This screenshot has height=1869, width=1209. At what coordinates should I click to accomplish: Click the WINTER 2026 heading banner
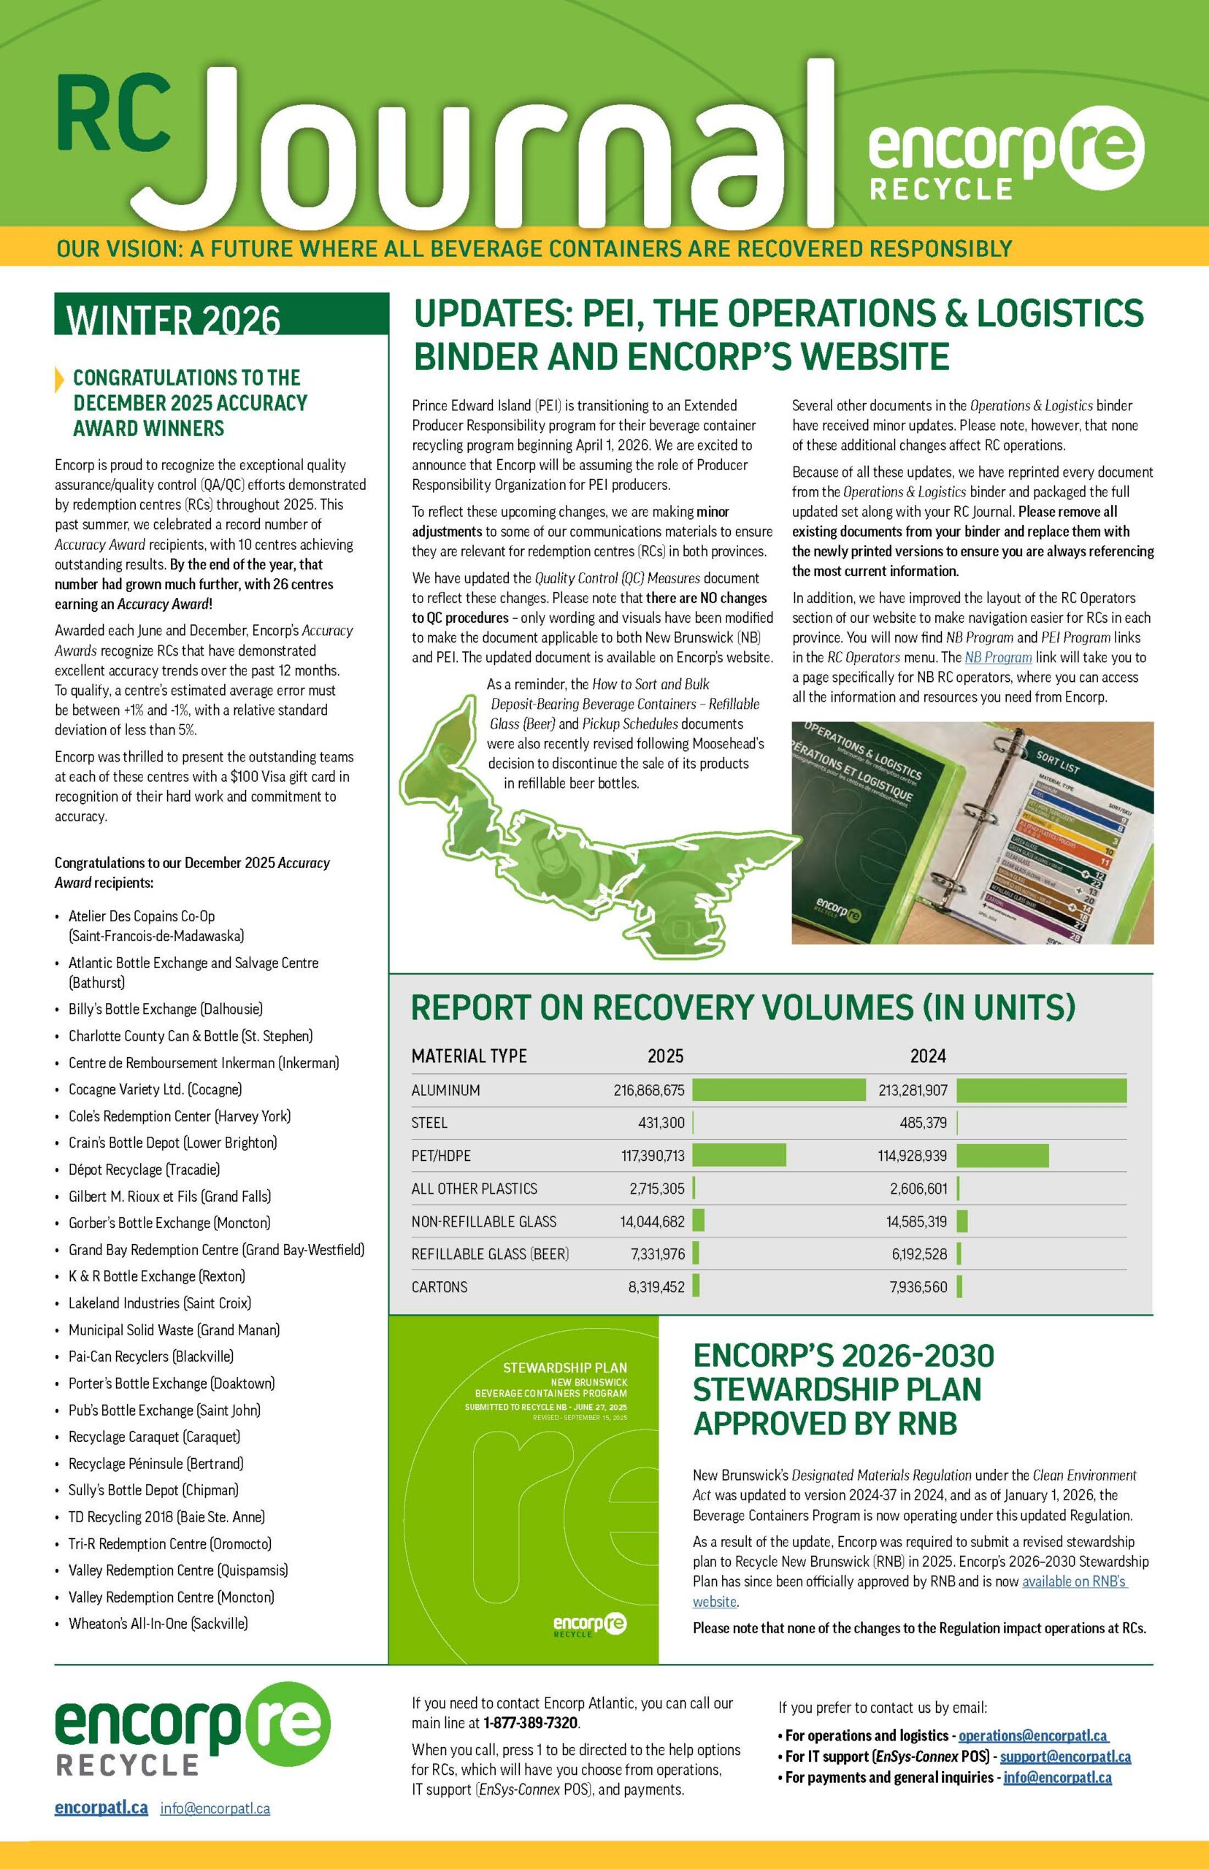pyautogui.click(x=220, y=315)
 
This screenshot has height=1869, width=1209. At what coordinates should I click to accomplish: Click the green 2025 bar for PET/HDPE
pyautogui.click(x=739, y=1156)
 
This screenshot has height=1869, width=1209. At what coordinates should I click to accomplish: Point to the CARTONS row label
pyautogui.click(x=439, y=1286)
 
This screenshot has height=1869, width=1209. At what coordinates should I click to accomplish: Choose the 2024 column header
pyautogui.click(x=927, y=1056)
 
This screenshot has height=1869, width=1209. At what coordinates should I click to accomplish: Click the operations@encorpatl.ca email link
pyautogui.click(x=1032, y=1735)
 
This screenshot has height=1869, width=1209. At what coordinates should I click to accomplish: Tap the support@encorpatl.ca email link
pyautogui.click(x=1064, y=1757)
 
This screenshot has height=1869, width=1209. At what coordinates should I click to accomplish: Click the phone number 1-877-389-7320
pyautogui.click(x=530, y=1723)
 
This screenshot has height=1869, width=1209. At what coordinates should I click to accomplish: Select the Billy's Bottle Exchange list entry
pyautogui.click(x=165, y=1010)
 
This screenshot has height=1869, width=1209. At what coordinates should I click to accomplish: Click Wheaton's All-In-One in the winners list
pyautogui.click(x=158, y=1622)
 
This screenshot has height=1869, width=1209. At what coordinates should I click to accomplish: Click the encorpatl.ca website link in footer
pyautogui.click(x=101, y=1808)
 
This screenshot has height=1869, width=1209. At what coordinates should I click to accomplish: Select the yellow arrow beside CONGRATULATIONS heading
pyautogui.click(x=60, y=379)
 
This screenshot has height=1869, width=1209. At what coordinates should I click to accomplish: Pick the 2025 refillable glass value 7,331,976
pyautogui.click(x=657, y=1254)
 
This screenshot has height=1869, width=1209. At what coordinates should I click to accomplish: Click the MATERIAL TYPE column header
pyautogui.click(x=469, y=1056)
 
